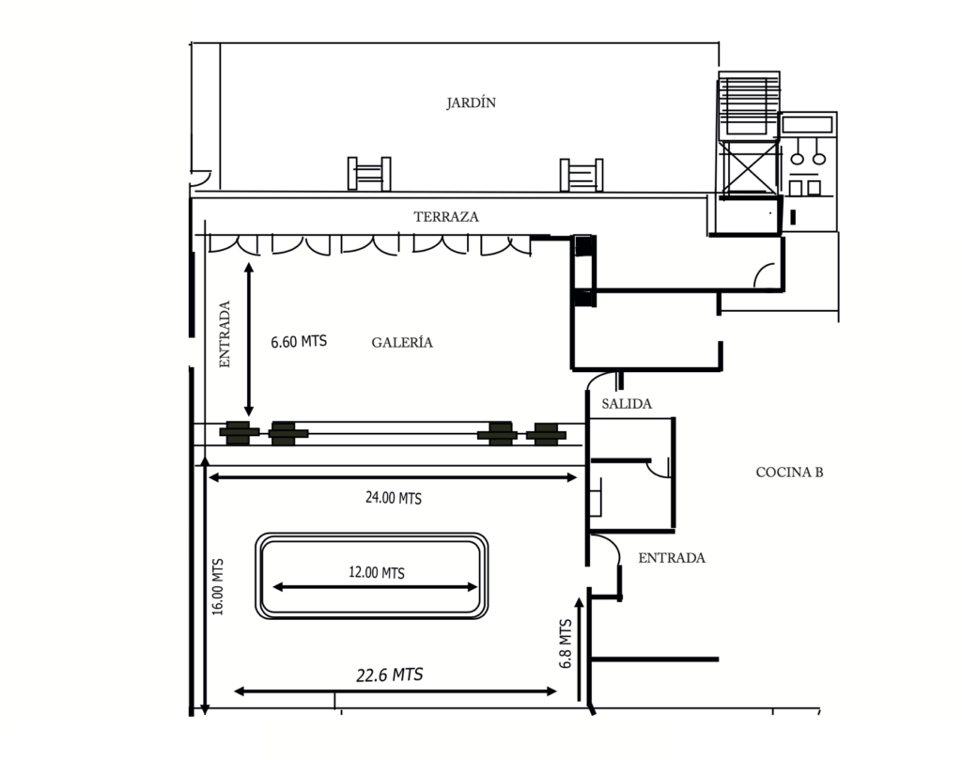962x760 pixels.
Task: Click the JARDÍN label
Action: pos(471,103)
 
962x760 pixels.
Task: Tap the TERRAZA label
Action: pos(446,216)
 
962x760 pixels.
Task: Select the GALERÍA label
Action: pos(402,343)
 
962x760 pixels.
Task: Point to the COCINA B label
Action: pos(789,473)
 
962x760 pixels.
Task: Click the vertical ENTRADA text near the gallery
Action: pos(225,333)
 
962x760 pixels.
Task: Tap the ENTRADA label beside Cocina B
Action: pos(671,558)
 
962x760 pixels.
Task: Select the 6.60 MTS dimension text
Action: pos(299,342)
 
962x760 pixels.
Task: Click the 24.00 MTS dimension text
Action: pos(394,498)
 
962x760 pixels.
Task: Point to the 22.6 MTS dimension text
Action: pos(389,675)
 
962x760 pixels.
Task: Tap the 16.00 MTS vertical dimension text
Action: pos(217,587)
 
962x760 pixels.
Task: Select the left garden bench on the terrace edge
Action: pos(369,174)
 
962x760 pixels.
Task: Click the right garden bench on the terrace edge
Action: pos(581,174)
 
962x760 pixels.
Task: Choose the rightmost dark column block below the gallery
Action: pos(544,434)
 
